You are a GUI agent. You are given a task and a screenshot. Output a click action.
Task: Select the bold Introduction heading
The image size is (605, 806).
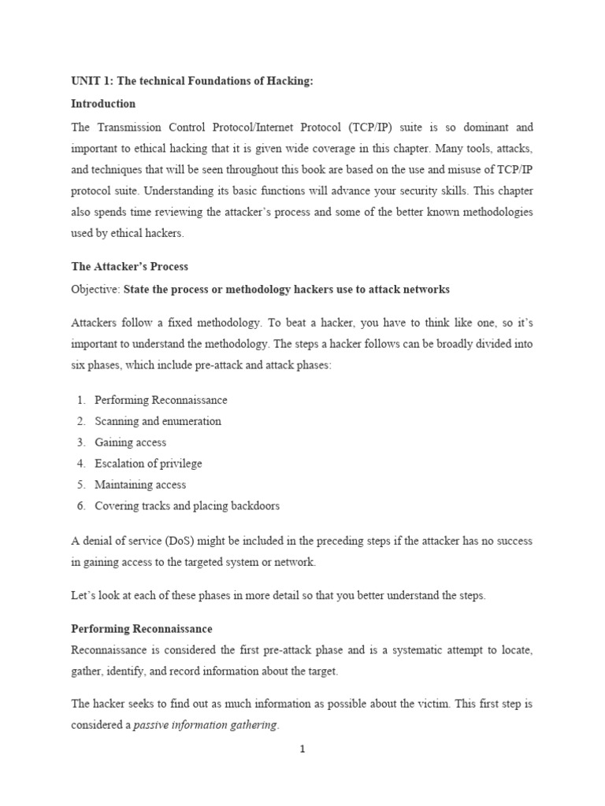(103, 104)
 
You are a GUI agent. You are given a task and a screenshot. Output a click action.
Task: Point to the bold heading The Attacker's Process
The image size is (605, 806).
(130, 267)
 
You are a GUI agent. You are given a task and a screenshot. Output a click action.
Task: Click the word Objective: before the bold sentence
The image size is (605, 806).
(95, 290)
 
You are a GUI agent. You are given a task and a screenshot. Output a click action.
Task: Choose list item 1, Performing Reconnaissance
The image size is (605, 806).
(161, 400)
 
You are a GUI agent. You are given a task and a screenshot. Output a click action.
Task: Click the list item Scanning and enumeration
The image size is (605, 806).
(158, 421)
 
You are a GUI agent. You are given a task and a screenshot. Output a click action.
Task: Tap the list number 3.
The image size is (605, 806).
(81, 442)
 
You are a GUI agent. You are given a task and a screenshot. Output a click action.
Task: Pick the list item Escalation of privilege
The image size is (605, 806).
(148, 464)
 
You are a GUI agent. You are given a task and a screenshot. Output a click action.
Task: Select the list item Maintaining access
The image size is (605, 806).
(140, 485)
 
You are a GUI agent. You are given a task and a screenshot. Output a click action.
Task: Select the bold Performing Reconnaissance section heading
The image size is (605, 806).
(142, 629)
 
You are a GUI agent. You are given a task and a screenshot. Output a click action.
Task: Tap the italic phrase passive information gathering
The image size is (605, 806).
(205, 725)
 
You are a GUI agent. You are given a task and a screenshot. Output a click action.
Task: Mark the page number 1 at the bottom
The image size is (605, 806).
(302, 750)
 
